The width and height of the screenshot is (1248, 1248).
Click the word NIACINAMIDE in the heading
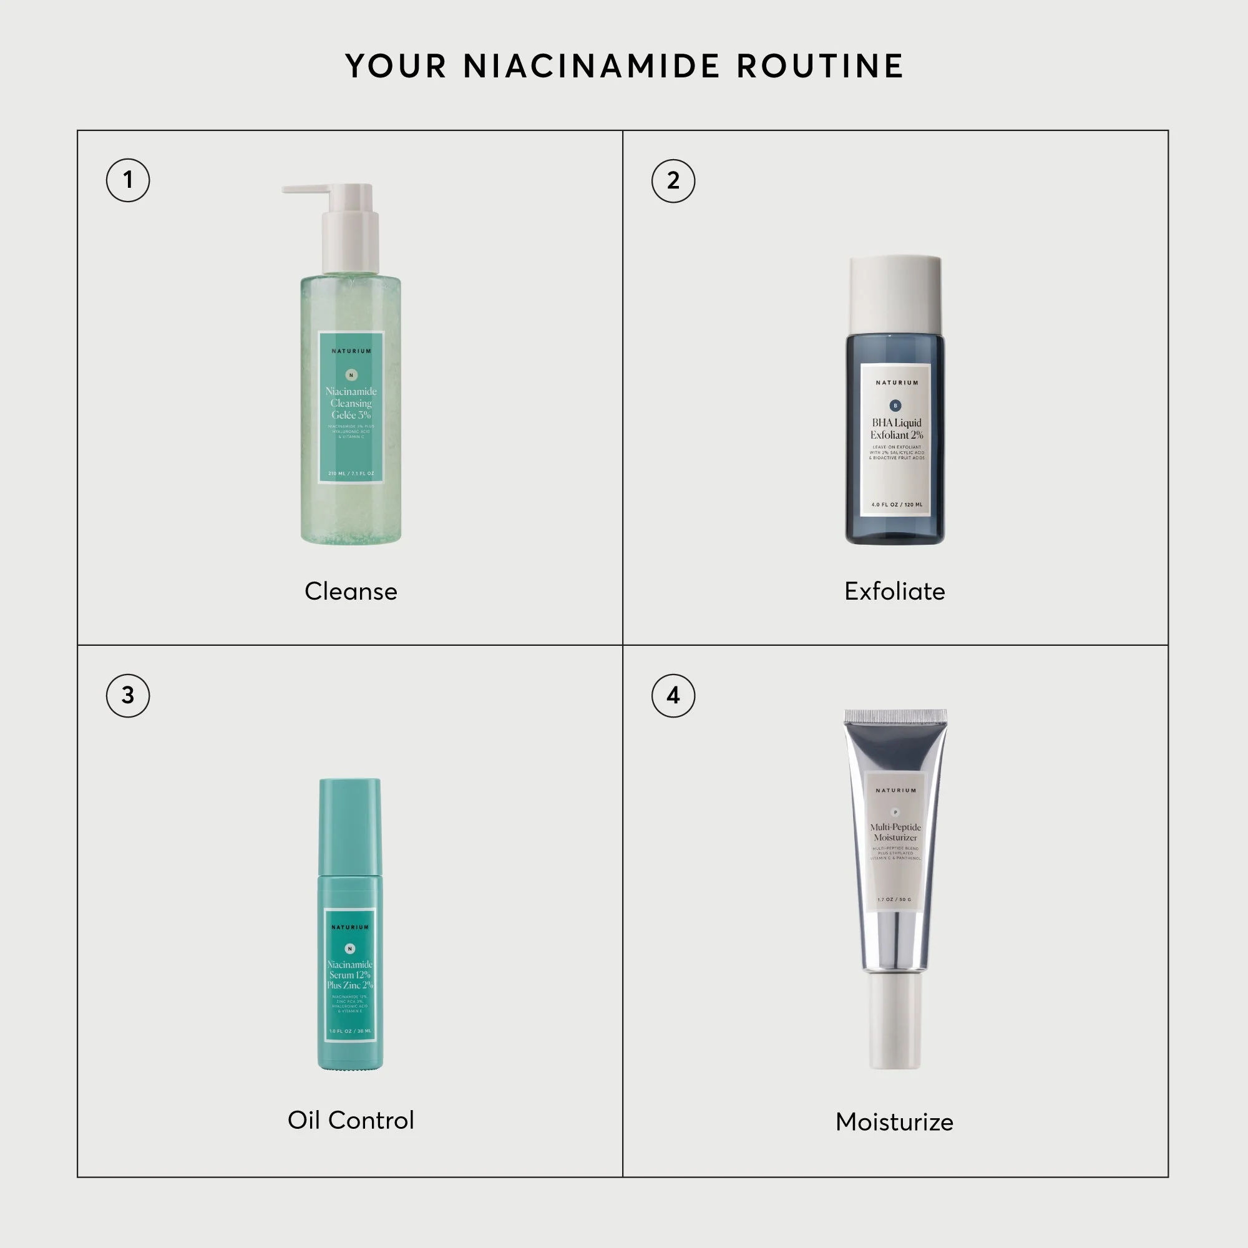[x=591, y=67]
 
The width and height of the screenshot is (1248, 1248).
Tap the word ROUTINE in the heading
[x=820, y=67]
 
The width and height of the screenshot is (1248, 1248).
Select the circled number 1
[x=128, y=180]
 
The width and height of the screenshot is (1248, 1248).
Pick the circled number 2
[x=673, y=181]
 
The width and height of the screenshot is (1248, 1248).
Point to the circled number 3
[x=128, y=696]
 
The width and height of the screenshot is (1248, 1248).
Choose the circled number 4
[x=673, y=696]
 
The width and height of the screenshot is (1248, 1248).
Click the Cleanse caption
[x=351, y=592]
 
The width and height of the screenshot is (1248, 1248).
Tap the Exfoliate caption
[x=895, y=592]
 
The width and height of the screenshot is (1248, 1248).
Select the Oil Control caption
[x=351, y=1120]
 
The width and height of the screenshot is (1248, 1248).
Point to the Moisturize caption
[x=895, y=1122]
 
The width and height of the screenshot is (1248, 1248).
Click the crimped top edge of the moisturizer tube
[x=895, y=716]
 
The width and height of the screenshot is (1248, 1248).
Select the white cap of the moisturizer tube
[x=895, y=1021]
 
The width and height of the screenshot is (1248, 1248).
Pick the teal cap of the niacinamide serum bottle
[x=350, y=827]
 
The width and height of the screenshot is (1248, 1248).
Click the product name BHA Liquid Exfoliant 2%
[x=897, y=429]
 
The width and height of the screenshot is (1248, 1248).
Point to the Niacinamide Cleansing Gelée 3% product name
[x=351, y=403]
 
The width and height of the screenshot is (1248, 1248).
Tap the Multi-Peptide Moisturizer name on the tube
[x=895, y=832]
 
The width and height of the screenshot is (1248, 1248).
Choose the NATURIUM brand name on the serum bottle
[x=350, y=927]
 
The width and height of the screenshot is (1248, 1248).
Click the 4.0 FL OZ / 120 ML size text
[x=897, y=504]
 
